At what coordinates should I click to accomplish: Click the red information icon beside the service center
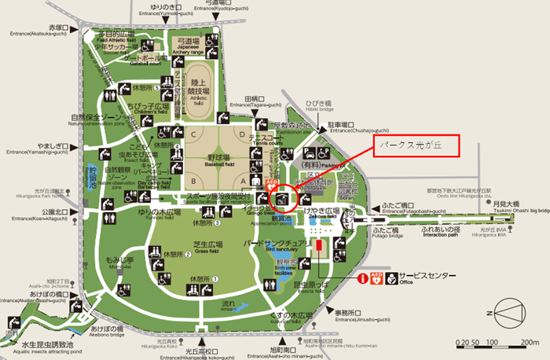(363, 278)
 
